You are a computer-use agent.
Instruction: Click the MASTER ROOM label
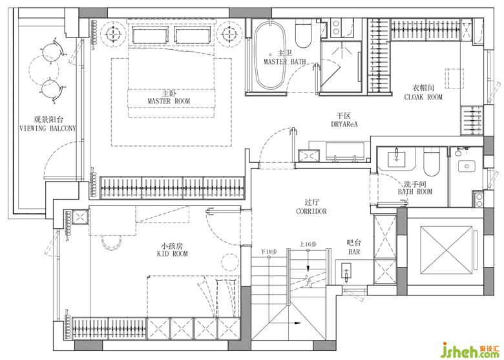169,101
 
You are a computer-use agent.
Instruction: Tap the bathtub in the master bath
270,56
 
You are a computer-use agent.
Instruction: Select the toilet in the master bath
304,33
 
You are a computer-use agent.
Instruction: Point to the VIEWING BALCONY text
48,128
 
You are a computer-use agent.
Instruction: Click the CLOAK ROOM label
423,97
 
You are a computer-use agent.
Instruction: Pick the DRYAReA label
344,123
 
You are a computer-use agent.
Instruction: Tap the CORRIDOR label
311,211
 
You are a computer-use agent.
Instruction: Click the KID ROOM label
173,254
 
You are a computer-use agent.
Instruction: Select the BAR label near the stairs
354,252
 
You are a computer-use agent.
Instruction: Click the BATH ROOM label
415,192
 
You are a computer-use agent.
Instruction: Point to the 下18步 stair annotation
269,251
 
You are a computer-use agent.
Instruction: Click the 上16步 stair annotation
308,244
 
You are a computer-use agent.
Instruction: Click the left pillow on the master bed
150,35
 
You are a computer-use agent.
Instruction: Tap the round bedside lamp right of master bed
229,32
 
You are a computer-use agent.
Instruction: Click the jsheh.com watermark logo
471,350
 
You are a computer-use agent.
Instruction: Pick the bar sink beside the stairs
346,272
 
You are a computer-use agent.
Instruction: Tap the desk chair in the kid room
112,242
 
